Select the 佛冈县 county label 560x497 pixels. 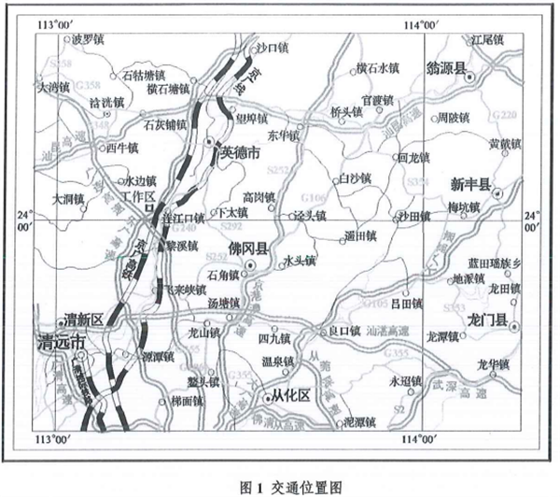248,250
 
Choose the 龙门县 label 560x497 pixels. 486,321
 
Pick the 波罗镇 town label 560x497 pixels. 78,39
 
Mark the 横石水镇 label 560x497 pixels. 377,68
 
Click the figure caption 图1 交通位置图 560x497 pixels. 278,485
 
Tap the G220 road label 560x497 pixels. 502,115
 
